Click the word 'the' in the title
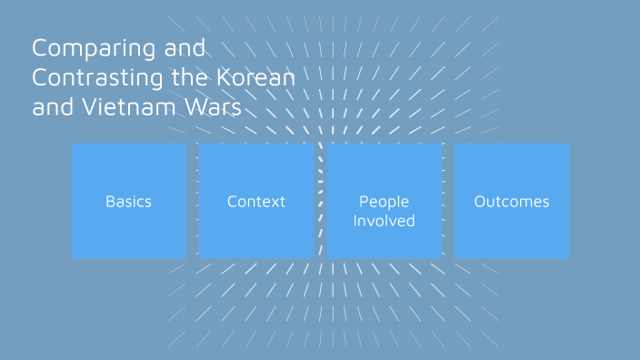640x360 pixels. click(192, 78)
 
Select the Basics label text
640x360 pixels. click(128, 202)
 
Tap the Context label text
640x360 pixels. click(256, 202)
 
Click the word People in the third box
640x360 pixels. click(384, 202)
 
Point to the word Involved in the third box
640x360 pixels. click(384, 221)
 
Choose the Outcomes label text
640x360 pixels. click(512, 202)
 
